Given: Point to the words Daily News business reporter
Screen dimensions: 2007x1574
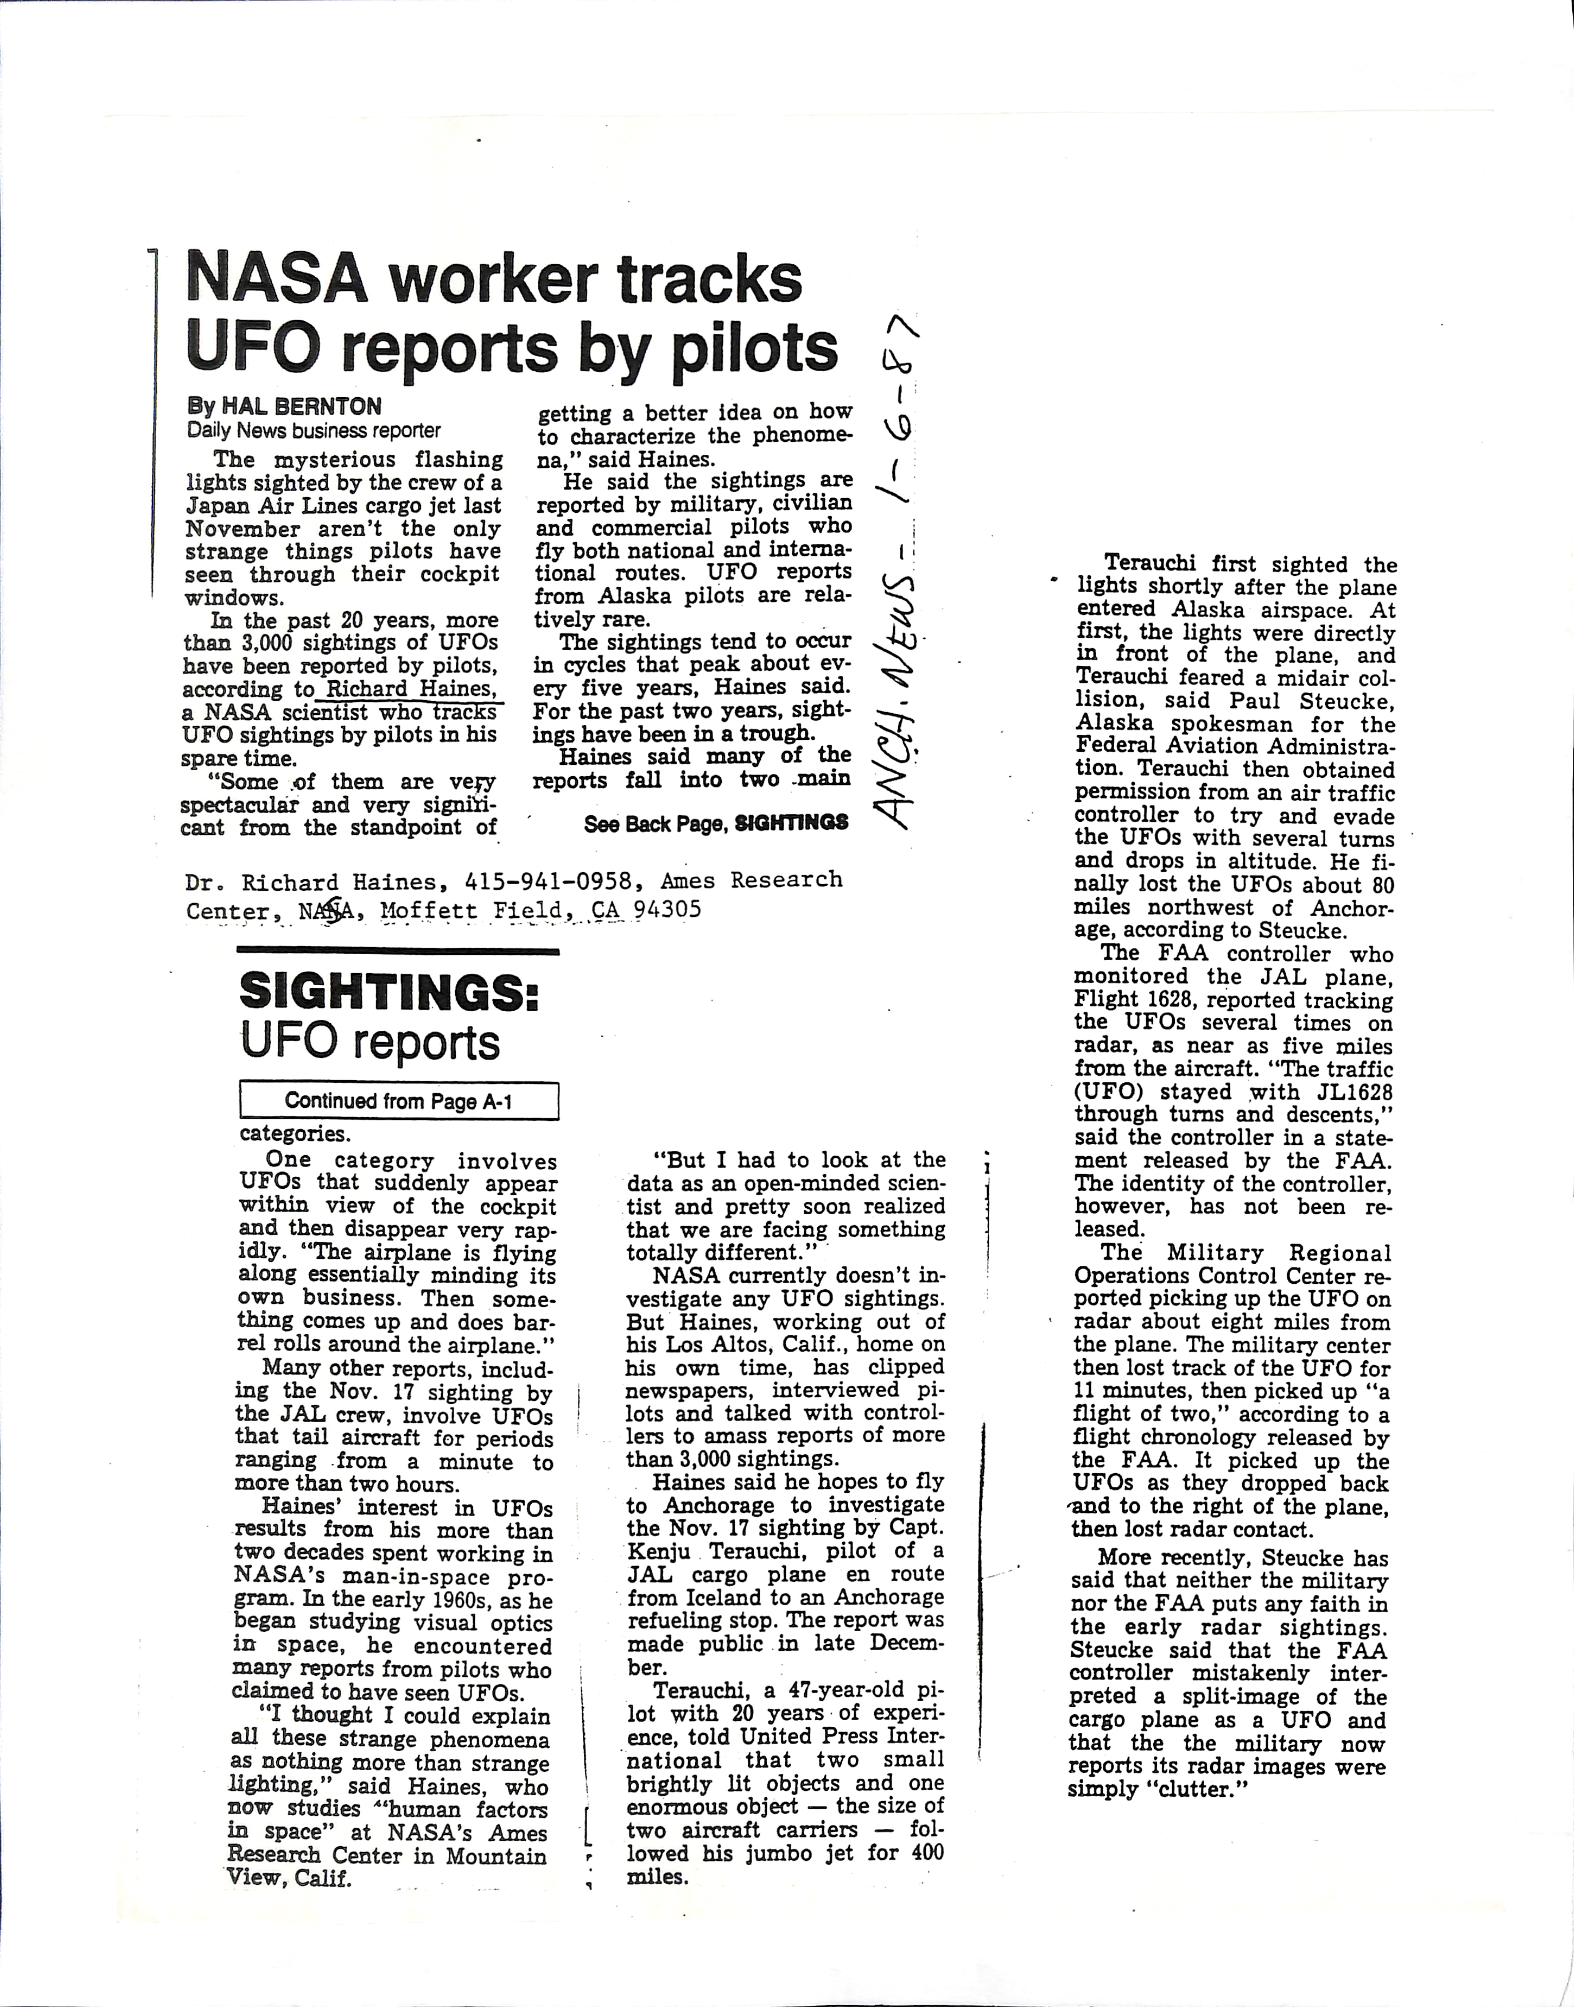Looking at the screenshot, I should point(313,430).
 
